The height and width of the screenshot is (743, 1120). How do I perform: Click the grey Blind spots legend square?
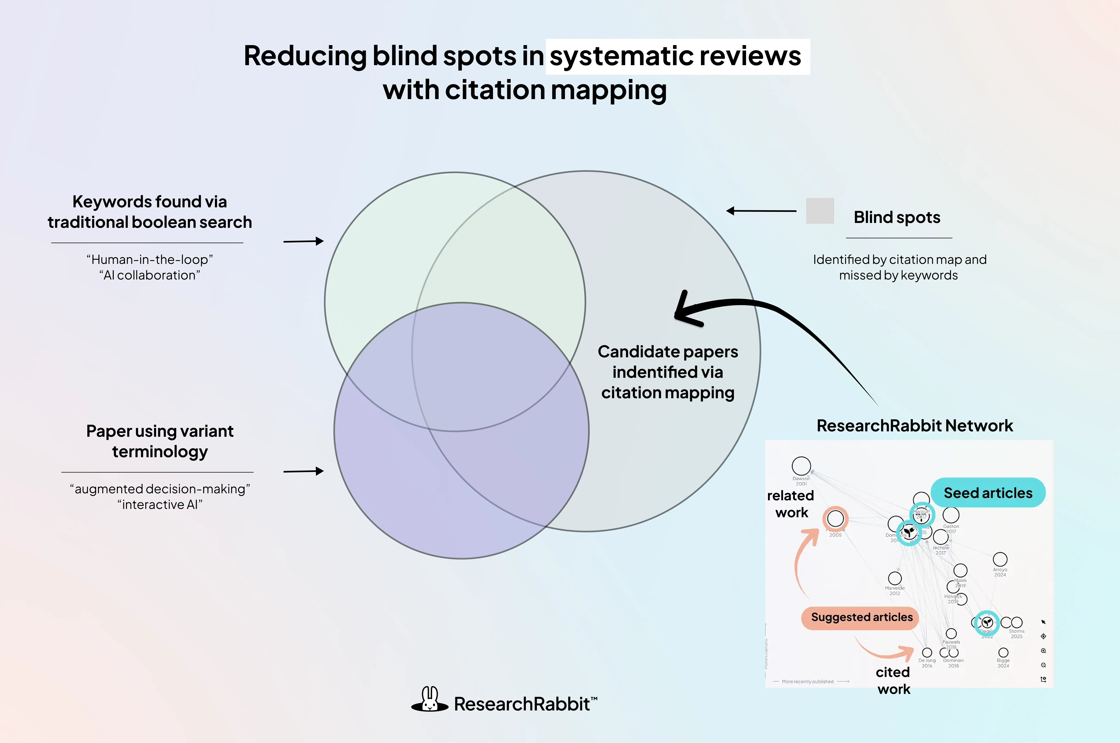pyautogui.click(x=820, y=211)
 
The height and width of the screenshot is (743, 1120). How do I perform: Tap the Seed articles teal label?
pyautogui.click(x=988, y=493)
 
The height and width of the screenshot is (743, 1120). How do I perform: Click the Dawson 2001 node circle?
pyautogui.click(x=801, y=466)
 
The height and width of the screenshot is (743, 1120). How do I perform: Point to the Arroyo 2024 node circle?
pyautogui.click(x=1000, y=559)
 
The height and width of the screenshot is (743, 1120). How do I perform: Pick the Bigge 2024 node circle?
pyautogui.click(x=1003, y=653)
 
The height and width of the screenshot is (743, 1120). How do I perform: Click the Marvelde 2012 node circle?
pyautogui.click(x=895, y=578)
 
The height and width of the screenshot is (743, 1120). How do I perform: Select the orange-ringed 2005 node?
pyautogui.click(x=835, y=518)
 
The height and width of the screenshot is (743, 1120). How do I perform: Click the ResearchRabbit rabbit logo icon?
pyautogui.click(x=429, y=700)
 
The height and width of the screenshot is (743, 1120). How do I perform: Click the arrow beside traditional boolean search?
pyautogui.click(x=303, y=241)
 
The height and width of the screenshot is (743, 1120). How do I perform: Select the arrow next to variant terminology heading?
pyautogui.click(x=303, y=471)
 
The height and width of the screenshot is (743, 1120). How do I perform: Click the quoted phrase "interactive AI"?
pyautogui.click(x=160, y=505)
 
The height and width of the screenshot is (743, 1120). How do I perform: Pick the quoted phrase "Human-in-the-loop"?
pyautogui.click(x=150, y=260)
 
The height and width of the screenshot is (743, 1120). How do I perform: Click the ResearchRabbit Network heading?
pyautogui.click(x=914, y=425)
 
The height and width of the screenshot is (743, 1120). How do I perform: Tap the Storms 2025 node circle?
pyautogui.click(x=1017, y=622)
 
